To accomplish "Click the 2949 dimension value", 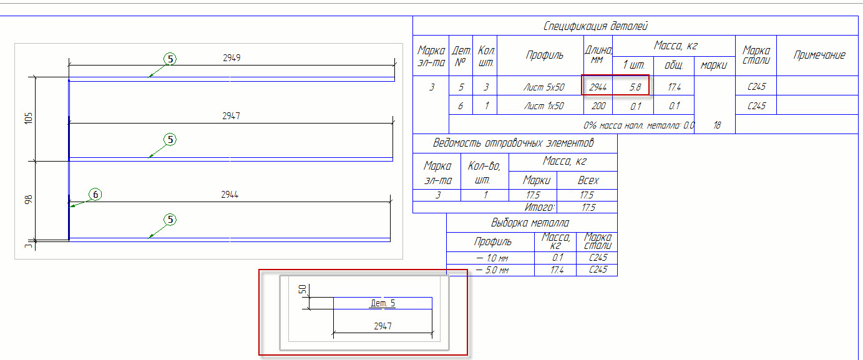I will point(232,58).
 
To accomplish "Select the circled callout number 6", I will point(95,195).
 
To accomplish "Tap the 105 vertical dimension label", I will point(27,119).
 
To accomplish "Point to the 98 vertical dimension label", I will point(27,200).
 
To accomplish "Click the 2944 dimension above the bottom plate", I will point(230,195).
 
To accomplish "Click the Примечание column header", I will point(819,55).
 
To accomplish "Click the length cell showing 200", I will point(598,106).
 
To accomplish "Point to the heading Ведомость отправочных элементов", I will point(514,143).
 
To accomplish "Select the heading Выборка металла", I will point(530,223).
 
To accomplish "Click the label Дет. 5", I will point(383,303).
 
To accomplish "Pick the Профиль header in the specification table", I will point(544,55).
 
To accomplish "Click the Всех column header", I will point(588,180).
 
